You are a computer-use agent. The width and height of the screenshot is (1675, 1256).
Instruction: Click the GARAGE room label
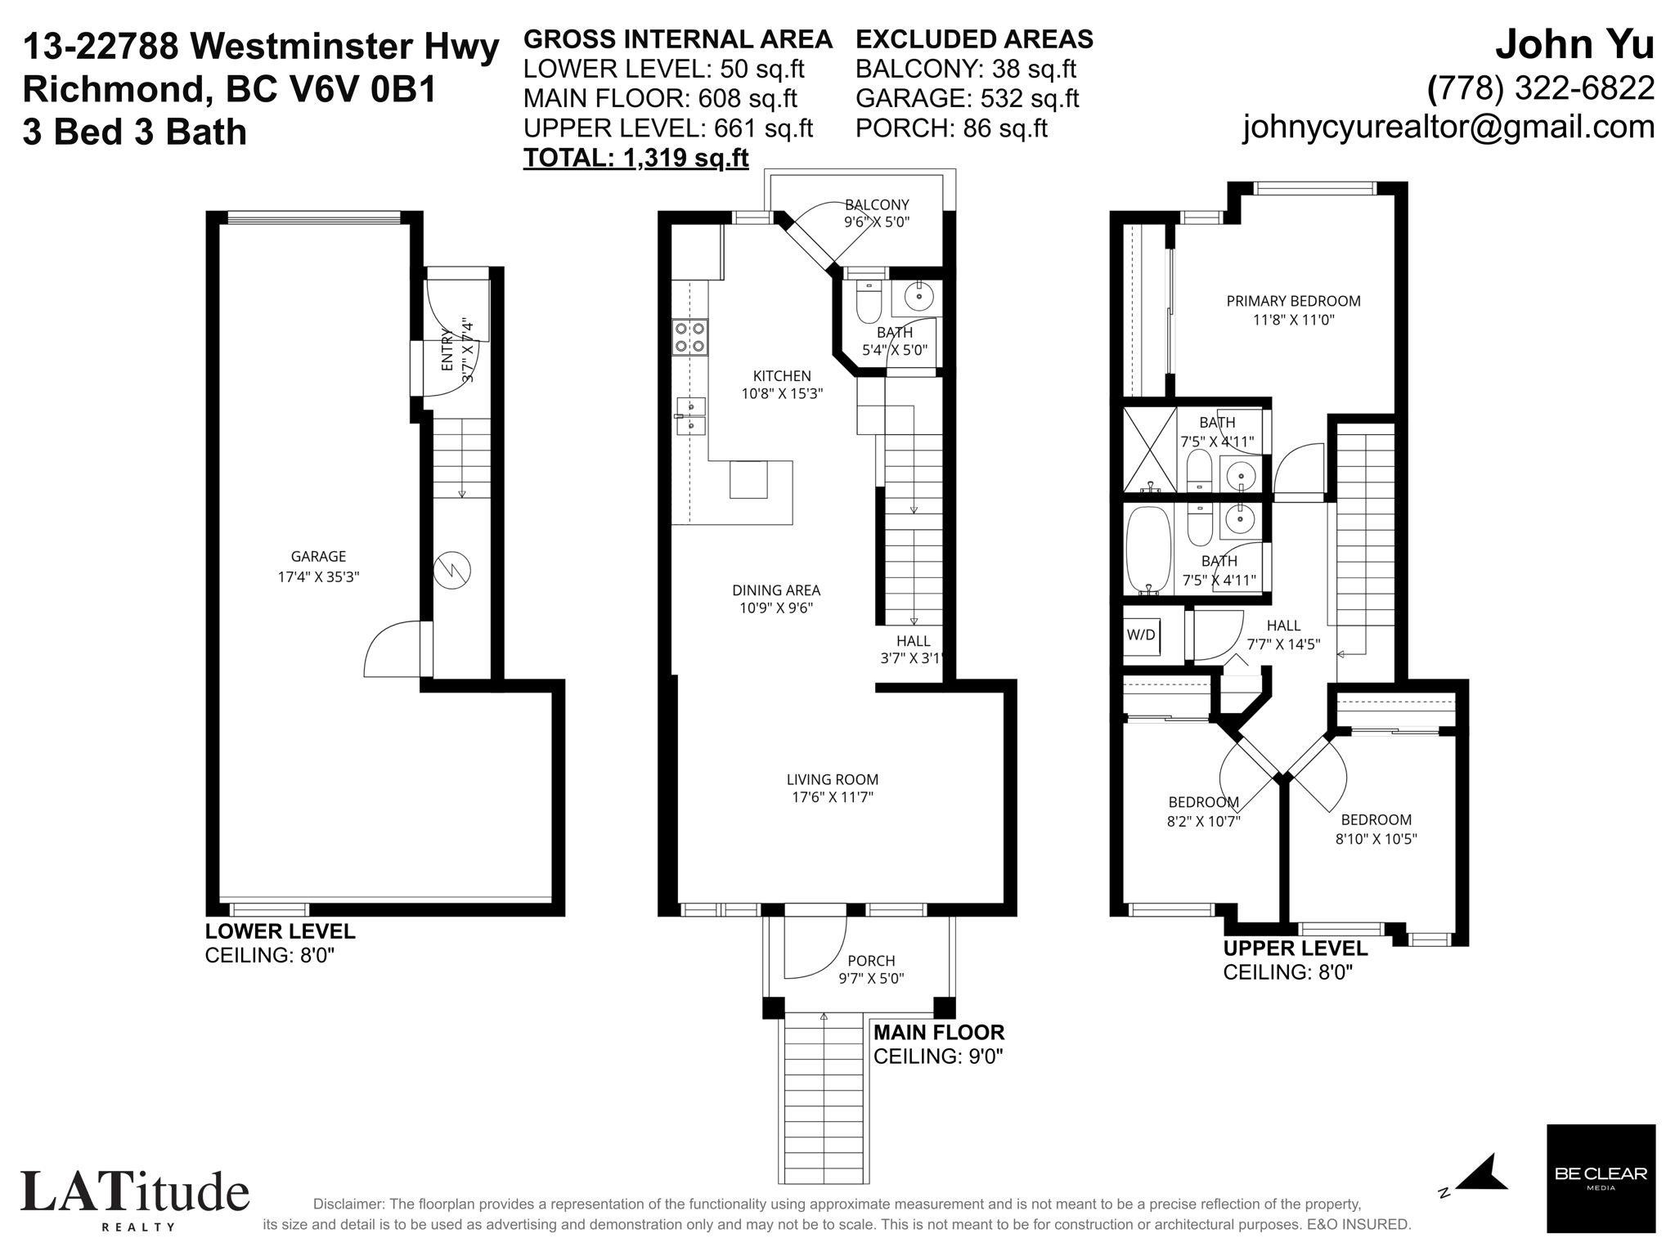318,557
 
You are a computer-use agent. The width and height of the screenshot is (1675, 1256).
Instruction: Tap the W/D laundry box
1141,634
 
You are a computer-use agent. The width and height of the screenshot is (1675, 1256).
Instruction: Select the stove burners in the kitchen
690,337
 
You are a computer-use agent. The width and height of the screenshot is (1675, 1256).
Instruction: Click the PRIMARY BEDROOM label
1293,301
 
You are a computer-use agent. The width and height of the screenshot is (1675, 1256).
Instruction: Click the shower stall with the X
1149,450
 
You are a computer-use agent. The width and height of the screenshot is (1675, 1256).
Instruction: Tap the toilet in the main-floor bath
866,302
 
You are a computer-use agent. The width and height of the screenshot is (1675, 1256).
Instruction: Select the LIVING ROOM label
833,780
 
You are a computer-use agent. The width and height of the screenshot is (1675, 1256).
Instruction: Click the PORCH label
871,961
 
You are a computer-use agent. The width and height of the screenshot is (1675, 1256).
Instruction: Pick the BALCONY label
877,204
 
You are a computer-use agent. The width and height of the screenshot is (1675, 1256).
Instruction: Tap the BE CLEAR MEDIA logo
1601,1178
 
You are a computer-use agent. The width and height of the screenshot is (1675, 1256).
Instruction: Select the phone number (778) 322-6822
1541,87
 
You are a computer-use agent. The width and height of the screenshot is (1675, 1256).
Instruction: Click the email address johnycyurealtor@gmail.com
1448,127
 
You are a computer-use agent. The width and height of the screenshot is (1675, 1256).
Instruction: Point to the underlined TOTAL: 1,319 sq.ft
635,157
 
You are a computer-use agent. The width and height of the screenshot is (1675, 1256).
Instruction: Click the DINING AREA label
775,590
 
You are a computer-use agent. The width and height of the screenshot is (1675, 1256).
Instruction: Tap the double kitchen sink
691,416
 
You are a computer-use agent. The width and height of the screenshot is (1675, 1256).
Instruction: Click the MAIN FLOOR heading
939,1032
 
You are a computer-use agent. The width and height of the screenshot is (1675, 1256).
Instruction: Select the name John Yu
1574,46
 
